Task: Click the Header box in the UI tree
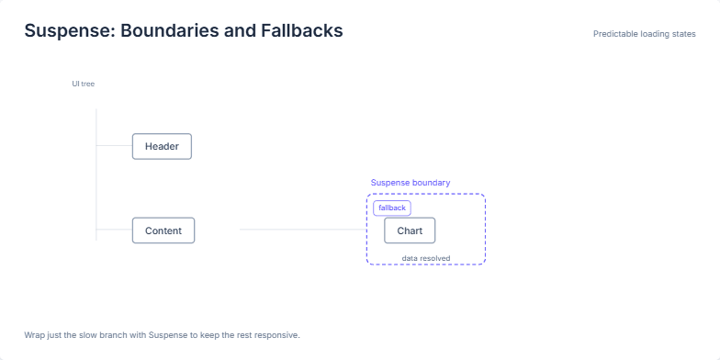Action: click(x=162, y=146)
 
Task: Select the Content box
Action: click(x=163, y=231)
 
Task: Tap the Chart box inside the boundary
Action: click(x=410, y=231)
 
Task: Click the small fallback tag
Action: click(x=392, y=208)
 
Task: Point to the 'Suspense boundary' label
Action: click(x=411, y=183)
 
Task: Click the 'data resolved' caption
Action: click(x=426, y=258)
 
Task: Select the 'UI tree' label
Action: click(x=84, y=84)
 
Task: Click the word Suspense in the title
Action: click(x=67, y=30)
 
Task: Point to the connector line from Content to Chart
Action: click(x=303, y=230)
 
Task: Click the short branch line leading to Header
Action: click(x=114, y=145)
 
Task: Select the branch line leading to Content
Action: click(x=114, y=230)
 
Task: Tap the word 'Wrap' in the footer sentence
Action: click(x=34, y=334)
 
